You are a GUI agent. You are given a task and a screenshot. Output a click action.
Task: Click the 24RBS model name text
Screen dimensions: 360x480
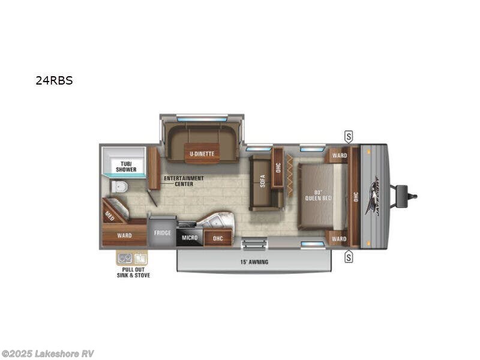coord(54,80)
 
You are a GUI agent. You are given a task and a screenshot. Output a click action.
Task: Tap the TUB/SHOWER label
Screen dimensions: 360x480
coord(126,167)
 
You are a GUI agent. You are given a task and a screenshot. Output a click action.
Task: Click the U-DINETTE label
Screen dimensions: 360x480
coord(202,154)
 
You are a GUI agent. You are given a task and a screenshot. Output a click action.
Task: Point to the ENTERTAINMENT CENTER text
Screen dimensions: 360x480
coord(184,181)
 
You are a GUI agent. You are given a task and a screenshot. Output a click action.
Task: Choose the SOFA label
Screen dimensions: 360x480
coord(263,181)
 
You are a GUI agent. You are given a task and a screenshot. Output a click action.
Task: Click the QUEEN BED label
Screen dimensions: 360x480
coord(319,195)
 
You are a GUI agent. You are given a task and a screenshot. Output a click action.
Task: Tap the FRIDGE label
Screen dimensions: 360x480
coord(162,233)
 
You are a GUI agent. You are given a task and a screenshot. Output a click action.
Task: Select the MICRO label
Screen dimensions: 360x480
coord(190,238)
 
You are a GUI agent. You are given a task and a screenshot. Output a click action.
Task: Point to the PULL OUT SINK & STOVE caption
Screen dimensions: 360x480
coord(132,272)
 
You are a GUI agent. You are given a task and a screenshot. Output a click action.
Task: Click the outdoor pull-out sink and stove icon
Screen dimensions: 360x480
coord(131,259)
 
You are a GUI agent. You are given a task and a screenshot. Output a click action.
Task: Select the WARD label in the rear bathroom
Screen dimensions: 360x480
coord(124,235)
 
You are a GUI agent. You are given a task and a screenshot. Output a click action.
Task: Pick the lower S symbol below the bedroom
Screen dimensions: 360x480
coord(349,257)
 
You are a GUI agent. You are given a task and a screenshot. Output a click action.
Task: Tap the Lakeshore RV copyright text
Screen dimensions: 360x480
coord(48,354)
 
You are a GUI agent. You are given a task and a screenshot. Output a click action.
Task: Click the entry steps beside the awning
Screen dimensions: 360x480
coord(254,244)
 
